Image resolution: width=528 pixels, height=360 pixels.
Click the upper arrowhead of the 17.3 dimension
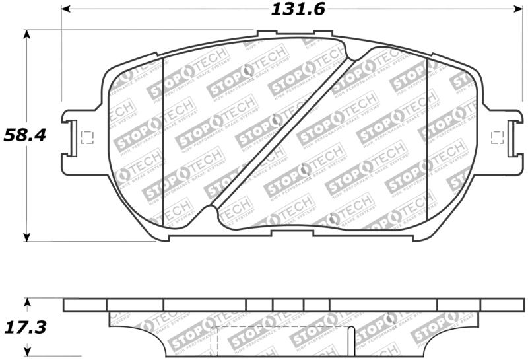[26, 303]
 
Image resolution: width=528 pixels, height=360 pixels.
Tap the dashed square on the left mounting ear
[86, 137]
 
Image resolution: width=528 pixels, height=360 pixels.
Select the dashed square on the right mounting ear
[499, 137]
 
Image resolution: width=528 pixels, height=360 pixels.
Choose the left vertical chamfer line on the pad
[163, 142]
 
